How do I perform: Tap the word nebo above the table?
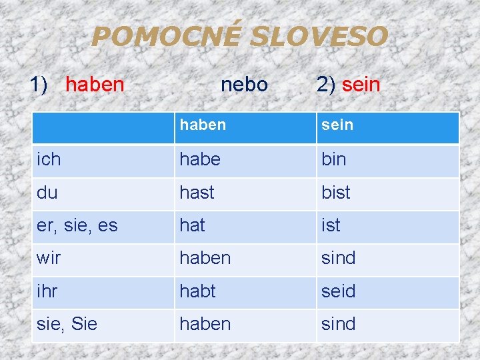(x=244, y=85)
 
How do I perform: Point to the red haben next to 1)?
(x=95, y=85)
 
